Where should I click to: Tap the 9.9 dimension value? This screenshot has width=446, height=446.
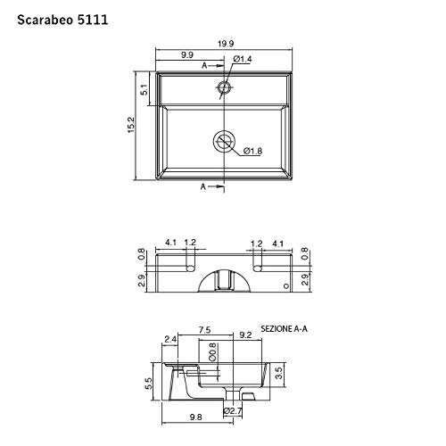[x=187, y=55]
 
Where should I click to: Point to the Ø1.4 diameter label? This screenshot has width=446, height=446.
[x=243, y=58]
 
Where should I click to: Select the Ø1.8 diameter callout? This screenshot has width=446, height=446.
[x=253, y=150]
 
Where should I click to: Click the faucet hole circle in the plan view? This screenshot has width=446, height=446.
[x=224, y=87]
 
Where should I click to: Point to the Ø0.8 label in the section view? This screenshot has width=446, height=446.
[x=213, y=352]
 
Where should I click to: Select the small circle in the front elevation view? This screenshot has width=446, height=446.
[x=286, y=286]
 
